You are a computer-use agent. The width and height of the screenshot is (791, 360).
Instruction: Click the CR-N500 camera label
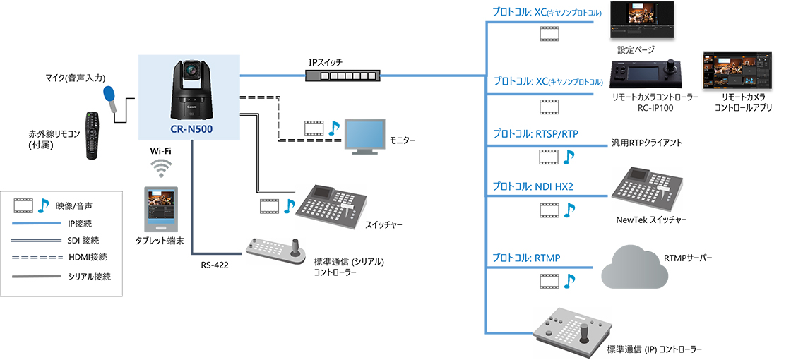point(190,129)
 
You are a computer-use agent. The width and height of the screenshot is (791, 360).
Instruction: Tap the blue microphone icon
point(110,98)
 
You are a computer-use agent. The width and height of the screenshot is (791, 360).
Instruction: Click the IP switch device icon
point(343,75)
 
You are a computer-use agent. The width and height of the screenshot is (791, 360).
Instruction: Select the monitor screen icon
point(364,136)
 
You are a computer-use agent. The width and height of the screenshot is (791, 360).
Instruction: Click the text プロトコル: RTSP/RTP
point(535,134)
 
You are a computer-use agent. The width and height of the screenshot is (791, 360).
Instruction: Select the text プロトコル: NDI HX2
point(533,187)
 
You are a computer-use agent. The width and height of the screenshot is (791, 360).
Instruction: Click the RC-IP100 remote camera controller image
point(648,73)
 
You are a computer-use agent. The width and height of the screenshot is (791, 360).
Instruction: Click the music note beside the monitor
point(333,127)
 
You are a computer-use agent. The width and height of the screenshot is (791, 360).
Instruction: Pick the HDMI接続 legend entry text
point(88,257)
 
